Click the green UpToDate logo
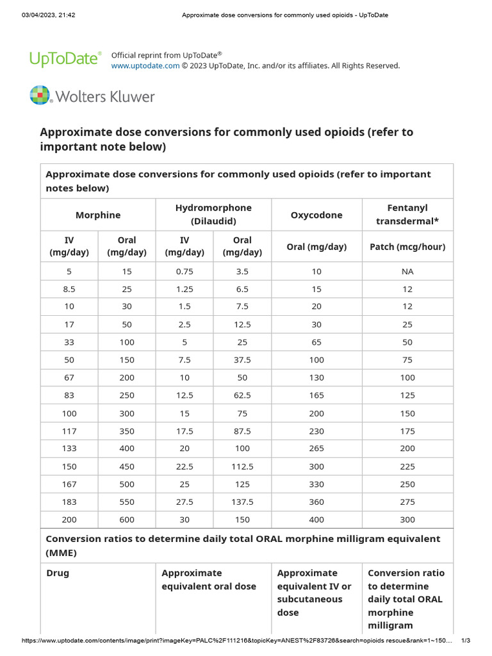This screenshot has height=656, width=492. click(65, 58)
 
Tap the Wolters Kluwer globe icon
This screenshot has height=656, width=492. click(40, 95)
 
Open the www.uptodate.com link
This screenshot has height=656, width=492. click(145, 66)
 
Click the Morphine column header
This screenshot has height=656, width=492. click(98, 215)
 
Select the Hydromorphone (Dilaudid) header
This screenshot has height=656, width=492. click(213, 215)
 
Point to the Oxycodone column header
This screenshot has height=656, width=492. click(316, 215)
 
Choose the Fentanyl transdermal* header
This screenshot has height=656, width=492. click(407, 215)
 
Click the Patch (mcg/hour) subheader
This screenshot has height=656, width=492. click(407, 247)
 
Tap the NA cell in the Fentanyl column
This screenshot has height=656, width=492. click(407, 271)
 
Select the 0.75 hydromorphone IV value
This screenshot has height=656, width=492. click(184, 271)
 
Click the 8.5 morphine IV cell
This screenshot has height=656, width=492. click(69, 289)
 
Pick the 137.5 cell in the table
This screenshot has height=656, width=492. click(242, 502)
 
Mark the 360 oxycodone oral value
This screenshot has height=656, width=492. click(316, 502)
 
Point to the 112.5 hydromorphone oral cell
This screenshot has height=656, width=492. click(242, 466)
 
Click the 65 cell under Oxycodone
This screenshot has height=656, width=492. click(316, 342)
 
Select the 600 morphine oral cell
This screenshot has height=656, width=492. click(127, 520)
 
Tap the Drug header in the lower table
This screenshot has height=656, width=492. click(58, 573)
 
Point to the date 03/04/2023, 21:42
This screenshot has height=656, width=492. click(49, 15)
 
